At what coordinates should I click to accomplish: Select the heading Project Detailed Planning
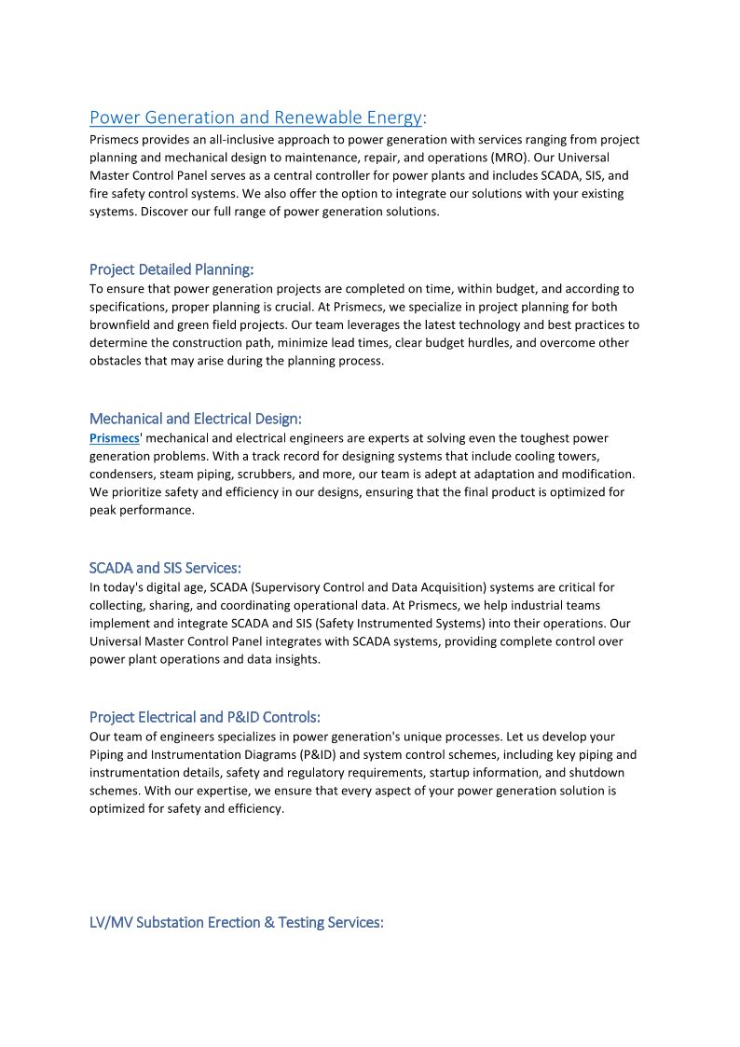pyautogui.click(x=171, y=269)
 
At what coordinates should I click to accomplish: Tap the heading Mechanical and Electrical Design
pyautogui.click(x=196, y=419)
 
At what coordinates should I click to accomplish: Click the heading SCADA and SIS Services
pyautogui.click(x=165, y=568)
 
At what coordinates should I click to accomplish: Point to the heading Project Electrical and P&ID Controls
pyautogui.click(x=205, y=717)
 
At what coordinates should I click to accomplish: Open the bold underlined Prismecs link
pyautogui.click(x=114, y=437)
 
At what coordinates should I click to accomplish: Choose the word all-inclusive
pyautogui.click(x=240, y=140)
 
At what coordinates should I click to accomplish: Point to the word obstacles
pyautogui.click(x=116, y=361)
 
